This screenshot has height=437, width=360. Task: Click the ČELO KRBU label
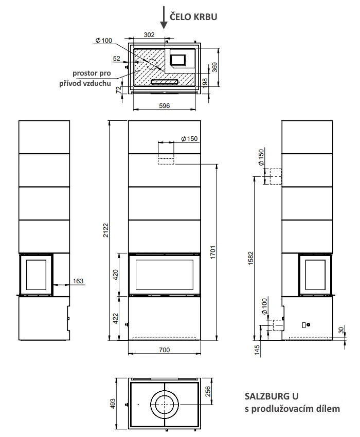193,17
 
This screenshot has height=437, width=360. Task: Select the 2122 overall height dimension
106,230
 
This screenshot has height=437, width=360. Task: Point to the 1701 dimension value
213,252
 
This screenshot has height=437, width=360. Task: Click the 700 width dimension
165,350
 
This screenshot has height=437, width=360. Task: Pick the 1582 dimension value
251,259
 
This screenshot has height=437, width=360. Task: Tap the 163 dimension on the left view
78,281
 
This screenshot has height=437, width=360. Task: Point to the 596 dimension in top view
164,105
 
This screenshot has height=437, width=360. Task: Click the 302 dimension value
149,35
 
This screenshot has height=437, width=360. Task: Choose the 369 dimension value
215,67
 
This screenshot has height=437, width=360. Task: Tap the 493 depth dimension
113,404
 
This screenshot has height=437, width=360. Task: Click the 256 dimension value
208,391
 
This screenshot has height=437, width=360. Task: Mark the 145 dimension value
257,350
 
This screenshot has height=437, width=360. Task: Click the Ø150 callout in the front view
189,138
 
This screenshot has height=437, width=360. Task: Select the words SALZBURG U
272,396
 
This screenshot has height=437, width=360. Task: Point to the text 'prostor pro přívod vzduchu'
85,78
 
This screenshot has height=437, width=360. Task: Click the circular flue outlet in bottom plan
165,405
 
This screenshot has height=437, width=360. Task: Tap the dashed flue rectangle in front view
166,161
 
